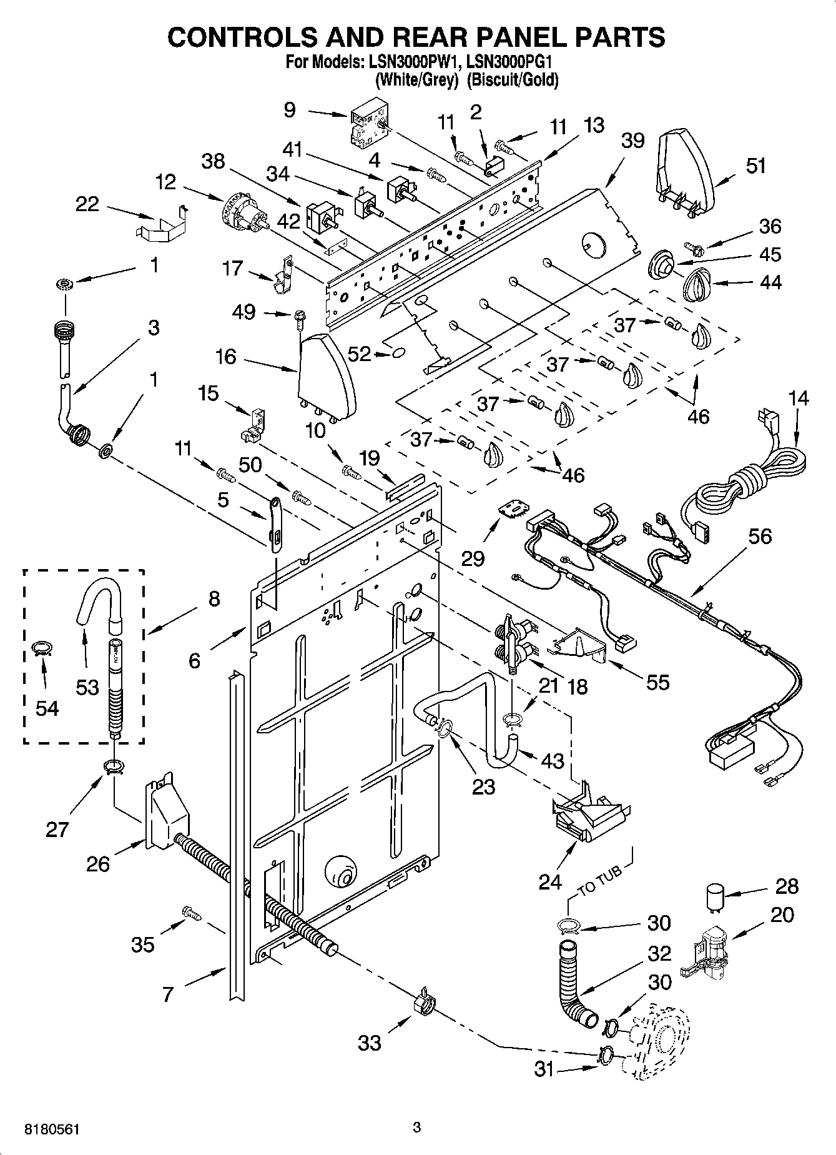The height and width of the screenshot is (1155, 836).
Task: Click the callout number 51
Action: (x=756, y=166)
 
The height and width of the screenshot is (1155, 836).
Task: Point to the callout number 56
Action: (x=760, y=537)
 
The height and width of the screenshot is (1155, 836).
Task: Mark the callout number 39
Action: (x=632, y=141)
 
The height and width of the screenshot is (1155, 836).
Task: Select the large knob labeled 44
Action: (x=697, y=285)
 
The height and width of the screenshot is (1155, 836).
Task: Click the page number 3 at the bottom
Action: (x=417, y=1128)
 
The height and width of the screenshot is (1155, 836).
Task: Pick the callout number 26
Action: (x=98, y=864)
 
